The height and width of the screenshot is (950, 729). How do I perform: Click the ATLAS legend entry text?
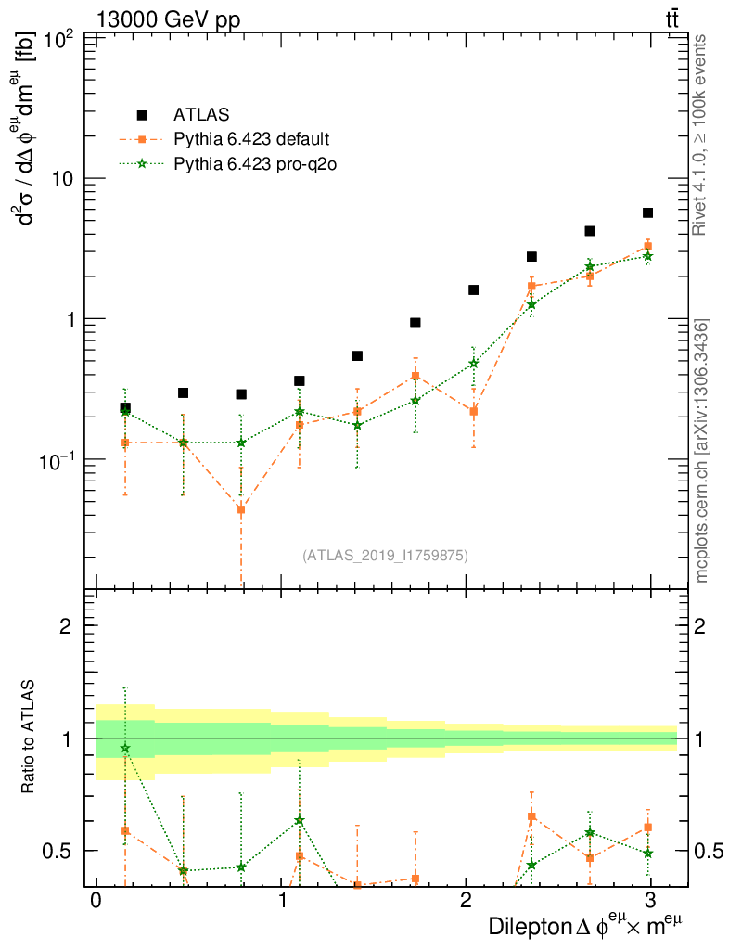coord(201,115)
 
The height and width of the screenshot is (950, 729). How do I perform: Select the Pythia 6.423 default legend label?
coord(251,139)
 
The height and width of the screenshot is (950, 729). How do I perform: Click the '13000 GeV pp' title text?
coord(168,19)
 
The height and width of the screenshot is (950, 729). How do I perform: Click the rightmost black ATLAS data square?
coord(647,212)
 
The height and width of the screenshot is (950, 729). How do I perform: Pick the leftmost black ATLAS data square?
coord(125,407)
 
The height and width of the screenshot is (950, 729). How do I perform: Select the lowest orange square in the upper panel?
coord(241,509)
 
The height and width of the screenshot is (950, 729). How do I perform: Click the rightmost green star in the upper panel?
coord(647,256)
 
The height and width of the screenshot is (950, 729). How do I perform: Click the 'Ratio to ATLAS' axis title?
coord(29,738)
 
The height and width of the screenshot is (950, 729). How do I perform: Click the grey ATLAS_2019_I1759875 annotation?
coord(385,556)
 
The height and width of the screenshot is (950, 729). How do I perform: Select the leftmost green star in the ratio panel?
coord(125,748)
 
